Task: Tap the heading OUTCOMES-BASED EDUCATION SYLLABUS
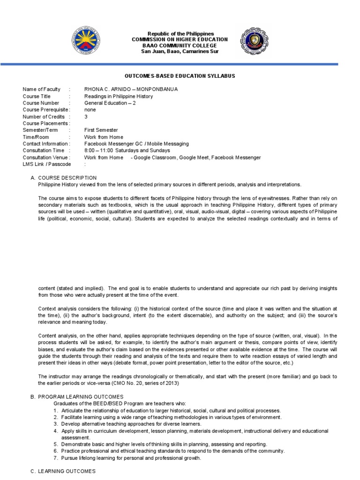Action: tap(180, 75)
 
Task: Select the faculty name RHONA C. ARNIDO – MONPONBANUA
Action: tap(131, 90)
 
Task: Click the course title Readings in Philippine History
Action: tap(119, 97)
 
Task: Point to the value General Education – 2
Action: tap(110, 103)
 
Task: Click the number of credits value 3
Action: tap(86, 117)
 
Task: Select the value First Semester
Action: tap(101, 130)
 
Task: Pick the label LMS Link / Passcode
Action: tap(47, 165)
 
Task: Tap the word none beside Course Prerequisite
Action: tap(90, 110)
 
